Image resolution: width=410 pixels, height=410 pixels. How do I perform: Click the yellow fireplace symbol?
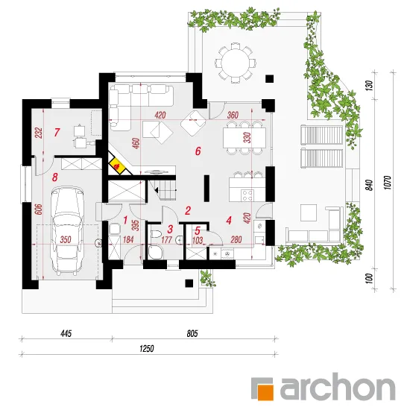click(117, 165)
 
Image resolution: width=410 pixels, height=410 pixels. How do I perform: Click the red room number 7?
click(57, 132)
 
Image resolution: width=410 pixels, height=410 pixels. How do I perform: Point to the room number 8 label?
click(54, 177)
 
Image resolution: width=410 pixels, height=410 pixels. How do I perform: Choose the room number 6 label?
click(198, 151)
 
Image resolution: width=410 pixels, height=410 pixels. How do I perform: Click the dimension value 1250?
click(147, 349)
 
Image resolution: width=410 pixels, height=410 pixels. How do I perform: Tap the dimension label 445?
click(66, 334)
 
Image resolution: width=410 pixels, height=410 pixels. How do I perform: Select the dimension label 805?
click(192, 334)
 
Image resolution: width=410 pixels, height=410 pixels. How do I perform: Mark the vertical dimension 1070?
click(388, 183)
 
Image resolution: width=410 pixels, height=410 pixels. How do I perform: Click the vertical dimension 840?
click(369, 185)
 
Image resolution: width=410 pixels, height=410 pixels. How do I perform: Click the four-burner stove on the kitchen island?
click(247, 195)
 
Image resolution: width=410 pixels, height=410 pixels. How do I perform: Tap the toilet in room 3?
click(155, 234)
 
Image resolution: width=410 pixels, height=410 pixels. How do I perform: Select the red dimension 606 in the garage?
click(39, 209)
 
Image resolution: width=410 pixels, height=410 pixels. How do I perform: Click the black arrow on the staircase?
click(157, 190)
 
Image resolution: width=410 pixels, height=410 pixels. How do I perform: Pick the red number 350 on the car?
click(66, 239)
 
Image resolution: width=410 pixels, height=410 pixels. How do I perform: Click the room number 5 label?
click(198, 230)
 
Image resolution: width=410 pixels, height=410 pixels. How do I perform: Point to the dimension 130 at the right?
click(369, 86)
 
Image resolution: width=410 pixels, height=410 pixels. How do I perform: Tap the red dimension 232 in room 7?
click(39, 133)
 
